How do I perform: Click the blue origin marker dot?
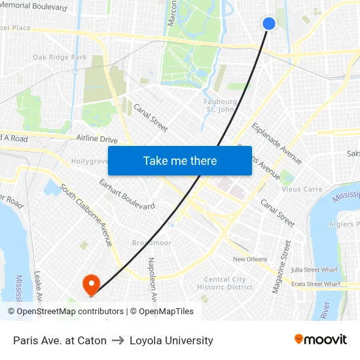[269, 24]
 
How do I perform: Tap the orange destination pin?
[90, 283]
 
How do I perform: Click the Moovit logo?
[321, 340]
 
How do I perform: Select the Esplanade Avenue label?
[276, 143]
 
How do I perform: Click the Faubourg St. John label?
[221, 105]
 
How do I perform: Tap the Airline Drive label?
[96, 139]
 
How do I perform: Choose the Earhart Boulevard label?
[126, 194]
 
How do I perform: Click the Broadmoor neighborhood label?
[151, 242]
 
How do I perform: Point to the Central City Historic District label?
[225, 283]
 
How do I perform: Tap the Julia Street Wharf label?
[315, 269]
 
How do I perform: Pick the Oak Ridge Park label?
[60, 58]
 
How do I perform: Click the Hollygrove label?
[89, 161]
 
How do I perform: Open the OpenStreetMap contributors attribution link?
[65, 312]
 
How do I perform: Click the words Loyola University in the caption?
[171, 340]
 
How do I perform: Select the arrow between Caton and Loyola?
[118, 340]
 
